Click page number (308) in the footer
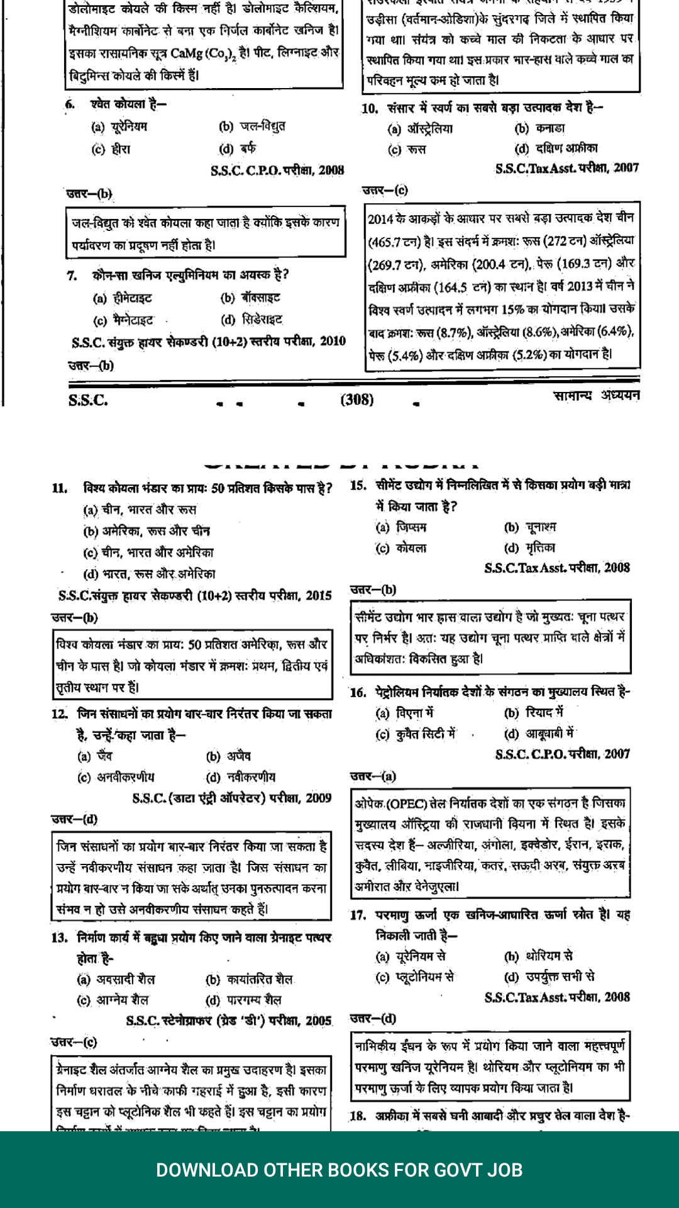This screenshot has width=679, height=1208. [x=356, y=400]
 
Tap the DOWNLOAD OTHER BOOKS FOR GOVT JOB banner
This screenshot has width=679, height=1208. [x=339, y=1170]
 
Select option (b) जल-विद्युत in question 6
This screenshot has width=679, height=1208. [x=252, y=126]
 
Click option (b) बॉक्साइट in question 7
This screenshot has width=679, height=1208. [x=250, y=298]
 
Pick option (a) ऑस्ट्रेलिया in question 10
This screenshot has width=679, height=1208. [x=420, y=129]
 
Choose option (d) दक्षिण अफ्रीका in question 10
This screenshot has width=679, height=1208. [x=556, y=148]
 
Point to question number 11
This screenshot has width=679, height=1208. [x=60, y=488]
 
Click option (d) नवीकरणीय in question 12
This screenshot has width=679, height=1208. [x=241, y=777]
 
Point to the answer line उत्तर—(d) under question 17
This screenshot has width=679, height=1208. [x=373, y=1018]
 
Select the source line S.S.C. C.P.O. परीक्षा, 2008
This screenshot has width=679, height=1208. [x=277, y=170]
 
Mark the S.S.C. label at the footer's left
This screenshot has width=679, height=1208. [x=88, y=400]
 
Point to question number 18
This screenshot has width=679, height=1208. [x=358, y=1116]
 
